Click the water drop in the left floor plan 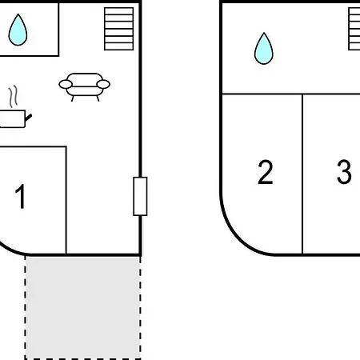pyautogui.click(x=18, y=30)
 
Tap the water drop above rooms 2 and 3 pyautogui.click(x=264, y=49)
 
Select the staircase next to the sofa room pyautogui.click(x=119, y=29)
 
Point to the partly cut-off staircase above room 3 pyautogui.click(x=354, y=29)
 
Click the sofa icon pyautogui.click(x=84, y=87)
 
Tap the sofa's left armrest pyautogui.click(x=66, y=84)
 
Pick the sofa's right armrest pyautogui.click(x=103, y=84)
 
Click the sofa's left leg pyautogui.click(x=73, y=98)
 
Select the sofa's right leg pyautogui.click(x=98, y=98)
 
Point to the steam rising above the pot pyautogui.click(x=14, y=97)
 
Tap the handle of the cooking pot pyautogui.click(x=29, y=117)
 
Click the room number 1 pyautogui.click(x=20, y=196)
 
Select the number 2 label pyautogui.click(x=266, y=172)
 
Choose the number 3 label pyautogui.click(x=344, y=172)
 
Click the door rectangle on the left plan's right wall pyautogui.click(x=140, y=196)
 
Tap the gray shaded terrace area pyautogui.click(x=83, y=307)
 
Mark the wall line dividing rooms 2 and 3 pyautogui.click(x=302, y=174)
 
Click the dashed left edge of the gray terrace pyautogui.click(x=26, y=307)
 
